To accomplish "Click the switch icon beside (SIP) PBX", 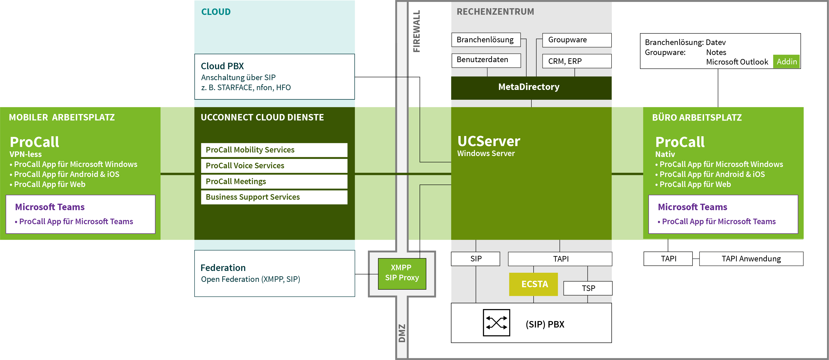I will point(496,323).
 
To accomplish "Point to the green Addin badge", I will point(786,61).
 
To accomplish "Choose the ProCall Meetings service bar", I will point(274,181).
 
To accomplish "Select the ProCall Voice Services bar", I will point(274,166).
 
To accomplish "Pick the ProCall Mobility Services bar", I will point(274,150).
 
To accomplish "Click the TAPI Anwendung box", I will point(751,259).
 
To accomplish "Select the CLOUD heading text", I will point(216,12).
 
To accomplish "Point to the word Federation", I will point(223,268).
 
